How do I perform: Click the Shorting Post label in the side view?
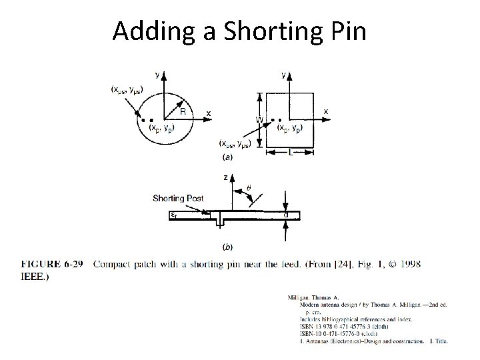[179, 198]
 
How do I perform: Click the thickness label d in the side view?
[286, 215]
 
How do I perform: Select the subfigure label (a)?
[229, 157]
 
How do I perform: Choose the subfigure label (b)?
[228, 247]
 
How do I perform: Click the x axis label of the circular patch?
[209, 114]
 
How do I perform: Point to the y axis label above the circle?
[157, 75]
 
